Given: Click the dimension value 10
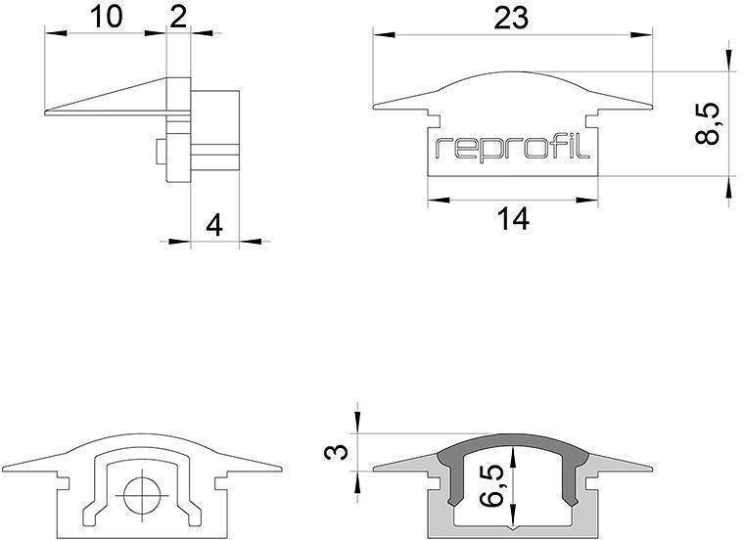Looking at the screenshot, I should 108,17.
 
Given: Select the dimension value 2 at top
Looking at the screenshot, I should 178,17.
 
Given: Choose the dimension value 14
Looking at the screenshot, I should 512,220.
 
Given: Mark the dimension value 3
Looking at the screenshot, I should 337,453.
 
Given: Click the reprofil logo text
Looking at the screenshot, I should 513,148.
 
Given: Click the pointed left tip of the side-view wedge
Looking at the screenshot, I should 49,112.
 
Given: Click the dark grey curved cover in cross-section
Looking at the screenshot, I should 514,446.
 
